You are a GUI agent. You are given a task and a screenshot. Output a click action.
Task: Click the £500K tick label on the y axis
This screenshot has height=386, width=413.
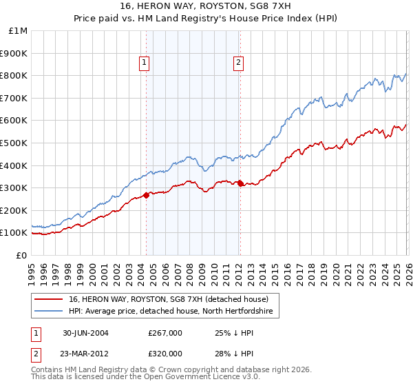(x=14, y=143)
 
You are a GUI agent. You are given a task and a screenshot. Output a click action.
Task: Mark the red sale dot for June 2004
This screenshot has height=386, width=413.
(x=147, y=195)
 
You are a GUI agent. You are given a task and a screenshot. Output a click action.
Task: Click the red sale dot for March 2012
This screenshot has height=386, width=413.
(x=240, y=183)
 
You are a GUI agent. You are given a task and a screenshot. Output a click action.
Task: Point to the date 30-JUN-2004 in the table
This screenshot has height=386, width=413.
(x=85, y=332)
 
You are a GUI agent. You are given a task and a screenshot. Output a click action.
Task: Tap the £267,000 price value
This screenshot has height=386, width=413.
(x=165, y=332)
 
